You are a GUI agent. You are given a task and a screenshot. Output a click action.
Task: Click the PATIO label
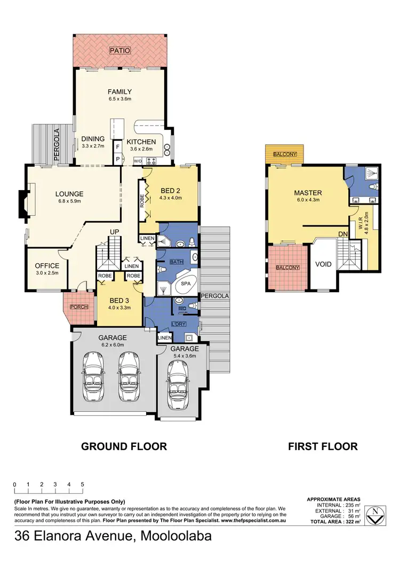click(119, 51)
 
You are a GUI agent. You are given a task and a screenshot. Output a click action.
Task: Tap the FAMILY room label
click(119, 92)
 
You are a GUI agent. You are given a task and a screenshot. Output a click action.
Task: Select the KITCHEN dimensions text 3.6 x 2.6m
click(141, 149)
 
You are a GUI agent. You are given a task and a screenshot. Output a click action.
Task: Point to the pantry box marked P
click(117, 159)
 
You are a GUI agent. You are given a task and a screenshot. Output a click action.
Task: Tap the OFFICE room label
click(47, 266)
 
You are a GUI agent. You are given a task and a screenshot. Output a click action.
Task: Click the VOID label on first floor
click(323, 264)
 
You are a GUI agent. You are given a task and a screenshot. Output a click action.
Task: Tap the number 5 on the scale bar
click(82, 484)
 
